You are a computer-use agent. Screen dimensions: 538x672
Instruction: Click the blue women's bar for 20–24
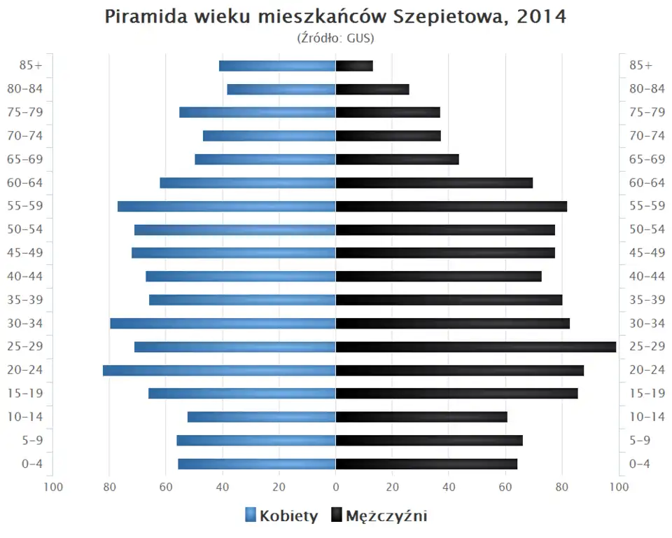(219, 370)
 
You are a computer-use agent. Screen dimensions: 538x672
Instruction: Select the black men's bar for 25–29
(476, 347)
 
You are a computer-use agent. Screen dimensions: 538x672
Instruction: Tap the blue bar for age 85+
(277, 66)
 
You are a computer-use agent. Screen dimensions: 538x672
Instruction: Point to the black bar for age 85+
(354, 66)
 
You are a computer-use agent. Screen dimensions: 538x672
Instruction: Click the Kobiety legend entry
(281, 516)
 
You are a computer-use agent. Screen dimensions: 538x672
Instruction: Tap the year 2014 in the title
(541, 18)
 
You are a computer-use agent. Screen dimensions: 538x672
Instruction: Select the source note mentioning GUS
(335, 38)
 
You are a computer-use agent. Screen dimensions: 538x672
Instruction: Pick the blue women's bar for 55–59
(227, 206)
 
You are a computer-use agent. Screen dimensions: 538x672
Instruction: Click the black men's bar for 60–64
(434, 183)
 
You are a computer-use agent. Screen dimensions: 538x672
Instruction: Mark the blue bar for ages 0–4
(257, 464)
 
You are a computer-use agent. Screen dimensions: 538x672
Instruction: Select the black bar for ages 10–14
(421, 417)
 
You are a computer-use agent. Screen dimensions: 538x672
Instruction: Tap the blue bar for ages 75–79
(258, 112)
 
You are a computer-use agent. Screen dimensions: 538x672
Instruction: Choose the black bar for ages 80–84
(372, 89)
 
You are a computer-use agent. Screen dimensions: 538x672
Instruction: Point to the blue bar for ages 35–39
(242, 300)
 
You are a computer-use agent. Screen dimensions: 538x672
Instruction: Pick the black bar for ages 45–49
(445, 253)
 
